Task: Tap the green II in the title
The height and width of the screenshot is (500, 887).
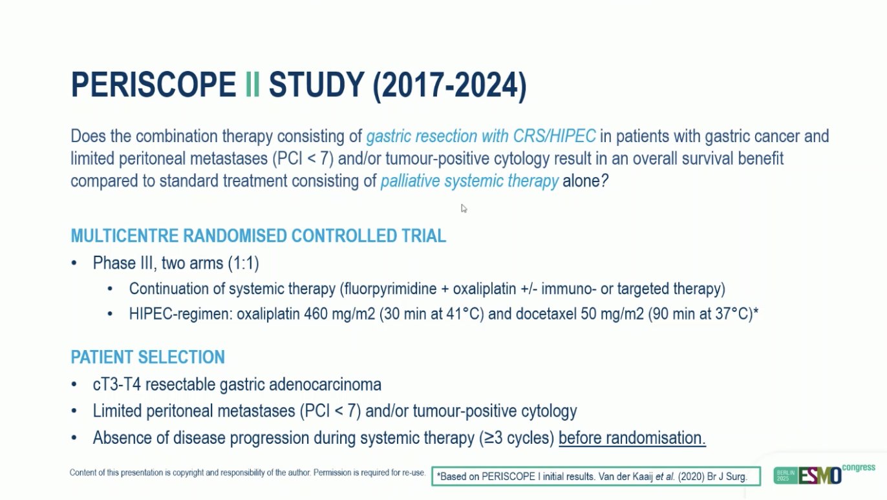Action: [x=252, y=85]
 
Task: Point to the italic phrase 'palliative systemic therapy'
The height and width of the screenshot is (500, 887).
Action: [x=469, y=182]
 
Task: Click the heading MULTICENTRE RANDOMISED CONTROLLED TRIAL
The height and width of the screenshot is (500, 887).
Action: [x=258, y=236]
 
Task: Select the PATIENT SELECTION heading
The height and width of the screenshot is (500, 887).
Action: [x=147, y=357]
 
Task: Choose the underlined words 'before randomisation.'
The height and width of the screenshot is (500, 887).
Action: [x=632, y=438]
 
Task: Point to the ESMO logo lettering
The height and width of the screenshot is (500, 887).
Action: [x=820, y=475]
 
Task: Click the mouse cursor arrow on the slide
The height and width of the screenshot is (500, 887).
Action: [x=464, y=208]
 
